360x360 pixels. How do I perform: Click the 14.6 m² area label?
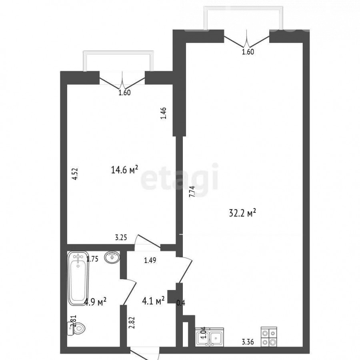click(124, 170)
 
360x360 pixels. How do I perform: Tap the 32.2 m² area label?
click(242, 213)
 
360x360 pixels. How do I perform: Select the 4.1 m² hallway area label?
click(153, 301)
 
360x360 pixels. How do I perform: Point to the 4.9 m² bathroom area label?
click(95, 302)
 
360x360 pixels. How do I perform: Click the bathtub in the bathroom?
click(78, 278)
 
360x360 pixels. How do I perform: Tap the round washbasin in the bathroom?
click(112, 257)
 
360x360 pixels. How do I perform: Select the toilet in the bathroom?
click(76, 328)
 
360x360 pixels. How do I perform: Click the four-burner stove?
click(269, 336)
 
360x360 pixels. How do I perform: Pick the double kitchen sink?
click(209, 337)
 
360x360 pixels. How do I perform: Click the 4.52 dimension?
click(75, 174)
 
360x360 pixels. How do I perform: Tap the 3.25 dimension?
click(121, 237)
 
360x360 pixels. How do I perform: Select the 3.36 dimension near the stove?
click(248, 342)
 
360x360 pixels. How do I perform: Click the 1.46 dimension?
click(163, 114)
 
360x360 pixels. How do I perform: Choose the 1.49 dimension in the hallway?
click(150, 260)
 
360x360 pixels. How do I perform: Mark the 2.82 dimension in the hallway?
click(132, 322)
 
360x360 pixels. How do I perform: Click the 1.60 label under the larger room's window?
click(248, 52)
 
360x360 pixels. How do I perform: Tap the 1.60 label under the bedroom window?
click(124, 93)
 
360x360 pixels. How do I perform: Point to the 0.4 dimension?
click(181, 303)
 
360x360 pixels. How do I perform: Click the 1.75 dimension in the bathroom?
click(92, 259)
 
